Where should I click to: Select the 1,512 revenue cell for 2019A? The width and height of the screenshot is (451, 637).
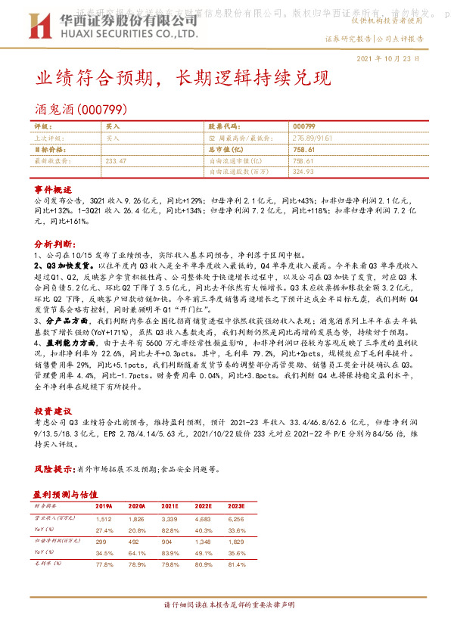coord(103,519)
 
